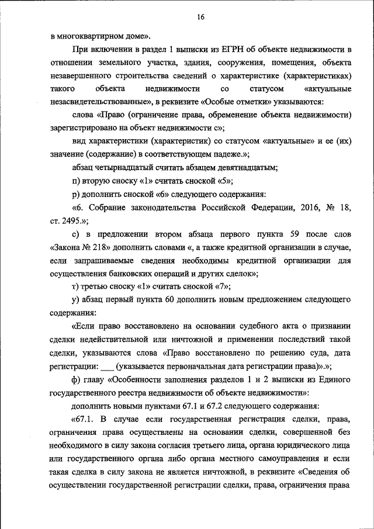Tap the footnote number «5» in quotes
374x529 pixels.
(224, 181)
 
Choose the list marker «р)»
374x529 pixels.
(75, 193)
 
